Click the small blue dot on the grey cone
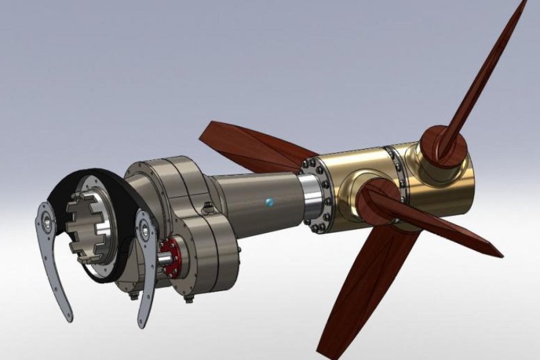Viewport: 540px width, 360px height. [x=269, y=202]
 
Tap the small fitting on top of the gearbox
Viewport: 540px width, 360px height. [x=208, y=207]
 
